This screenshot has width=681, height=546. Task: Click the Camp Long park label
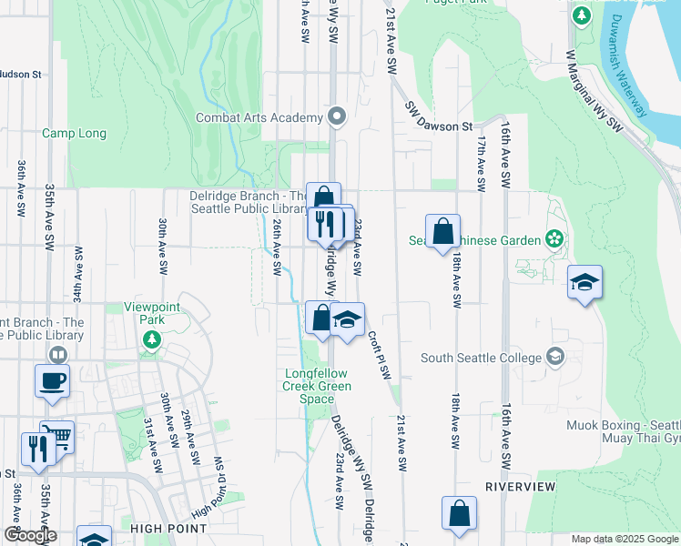pos(74,134)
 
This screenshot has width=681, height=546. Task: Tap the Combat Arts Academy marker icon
pos(337,116)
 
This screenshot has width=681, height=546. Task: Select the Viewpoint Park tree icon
pos(152,340)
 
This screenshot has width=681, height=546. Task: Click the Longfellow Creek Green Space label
pos(317,386)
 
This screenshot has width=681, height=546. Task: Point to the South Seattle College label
pos(481,358)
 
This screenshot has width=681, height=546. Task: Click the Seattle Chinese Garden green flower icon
pos(553,240)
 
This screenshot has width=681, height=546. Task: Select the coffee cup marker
pos(52,379)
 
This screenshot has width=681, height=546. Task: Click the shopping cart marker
pos(57,436)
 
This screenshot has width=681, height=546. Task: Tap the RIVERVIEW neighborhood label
pos(520,487)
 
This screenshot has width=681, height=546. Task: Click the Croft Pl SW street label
pos(379,355)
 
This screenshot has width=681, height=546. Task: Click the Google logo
pos(30,535)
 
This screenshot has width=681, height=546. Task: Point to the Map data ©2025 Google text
pos(625,539)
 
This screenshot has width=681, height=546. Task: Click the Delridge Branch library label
pos(247,202)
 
